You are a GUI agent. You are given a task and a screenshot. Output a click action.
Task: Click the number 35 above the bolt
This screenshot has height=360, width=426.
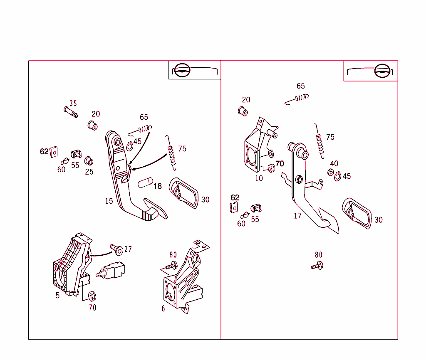click(73, 104)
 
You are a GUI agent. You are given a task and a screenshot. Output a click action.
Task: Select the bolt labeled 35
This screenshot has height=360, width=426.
click(71, 112)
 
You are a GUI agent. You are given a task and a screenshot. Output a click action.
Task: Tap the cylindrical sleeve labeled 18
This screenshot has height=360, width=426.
click(145, 183)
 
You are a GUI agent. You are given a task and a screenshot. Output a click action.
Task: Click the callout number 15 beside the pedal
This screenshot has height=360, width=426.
click(109, 201)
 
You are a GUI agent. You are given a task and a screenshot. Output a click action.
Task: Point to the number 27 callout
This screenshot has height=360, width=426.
click(128, 249)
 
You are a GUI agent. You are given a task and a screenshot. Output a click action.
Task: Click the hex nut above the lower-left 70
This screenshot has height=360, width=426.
click(92, 296)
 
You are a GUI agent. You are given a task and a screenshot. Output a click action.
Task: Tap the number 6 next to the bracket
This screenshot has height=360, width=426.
click(163, 309)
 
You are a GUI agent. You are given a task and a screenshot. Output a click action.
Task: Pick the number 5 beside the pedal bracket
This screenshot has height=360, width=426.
click(57, 296)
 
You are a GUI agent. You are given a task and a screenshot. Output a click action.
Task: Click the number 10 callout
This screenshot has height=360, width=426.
click(259, 178)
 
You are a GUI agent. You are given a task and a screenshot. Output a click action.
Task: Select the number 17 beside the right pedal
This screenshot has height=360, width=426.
click(298, 216)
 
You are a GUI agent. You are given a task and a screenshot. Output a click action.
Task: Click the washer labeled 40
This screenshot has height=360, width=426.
click(331, 173)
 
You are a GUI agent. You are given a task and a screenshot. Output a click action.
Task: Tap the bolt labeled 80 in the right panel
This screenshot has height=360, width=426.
click(317, 266)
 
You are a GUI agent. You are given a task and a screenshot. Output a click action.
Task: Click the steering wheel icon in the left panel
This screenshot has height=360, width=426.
click(182, 70)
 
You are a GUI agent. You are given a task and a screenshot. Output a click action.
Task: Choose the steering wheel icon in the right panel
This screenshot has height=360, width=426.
click(382, 71)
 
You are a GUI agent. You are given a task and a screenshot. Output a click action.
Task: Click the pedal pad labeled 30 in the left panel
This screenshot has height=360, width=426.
click(183, 193)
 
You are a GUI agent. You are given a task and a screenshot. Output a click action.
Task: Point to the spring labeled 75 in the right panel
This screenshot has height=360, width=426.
click(319, 141)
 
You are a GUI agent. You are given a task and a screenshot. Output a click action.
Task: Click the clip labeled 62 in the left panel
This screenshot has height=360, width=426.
click(54, 152)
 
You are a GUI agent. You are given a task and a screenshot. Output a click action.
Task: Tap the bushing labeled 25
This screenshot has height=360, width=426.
click(89, 161)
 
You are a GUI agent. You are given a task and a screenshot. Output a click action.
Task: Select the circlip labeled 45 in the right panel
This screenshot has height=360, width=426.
click(337, 177)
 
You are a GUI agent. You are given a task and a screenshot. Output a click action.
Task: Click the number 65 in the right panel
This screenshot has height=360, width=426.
click(301, 86)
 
